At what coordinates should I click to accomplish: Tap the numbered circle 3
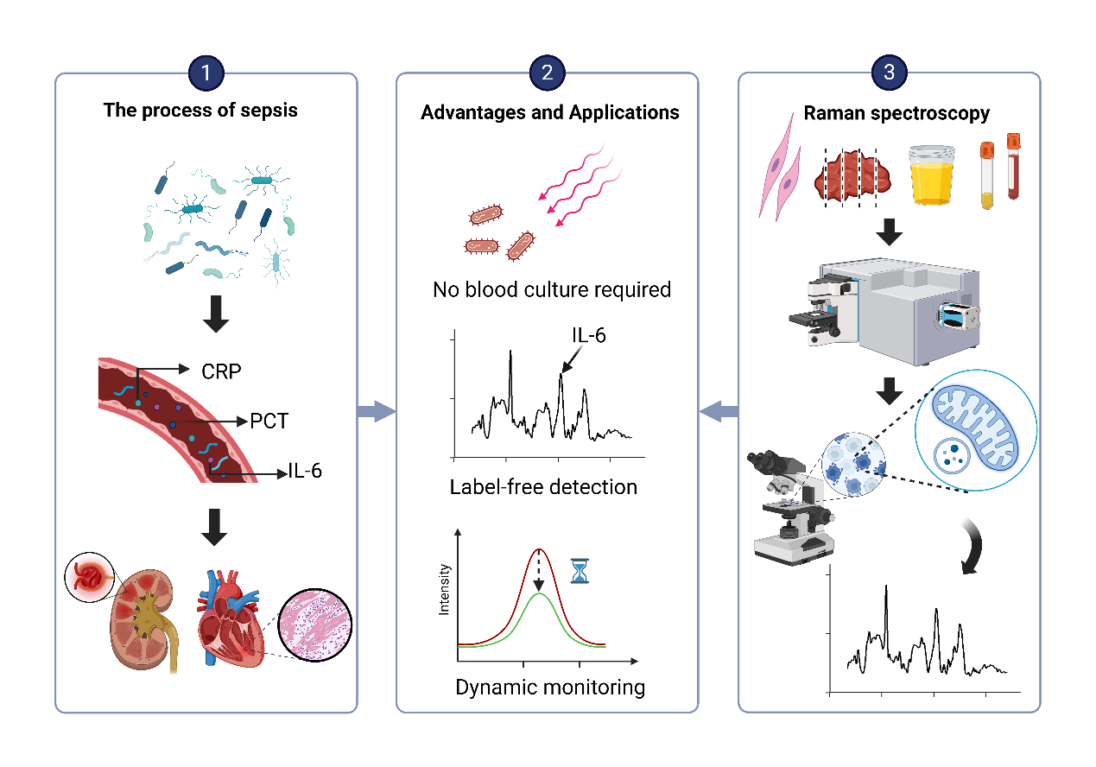[889, 73]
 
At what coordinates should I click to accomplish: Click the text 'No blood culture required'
[551, 289]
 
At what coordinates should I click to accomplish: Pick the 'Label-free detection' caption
[543, 487]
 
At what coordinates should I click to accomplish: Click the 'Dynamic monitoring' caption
[550, 688]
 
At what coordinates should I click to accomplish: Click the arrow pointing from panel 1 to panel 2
[376, 412]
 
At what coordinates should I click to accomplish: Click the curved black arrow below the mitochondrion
[977, 548]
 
